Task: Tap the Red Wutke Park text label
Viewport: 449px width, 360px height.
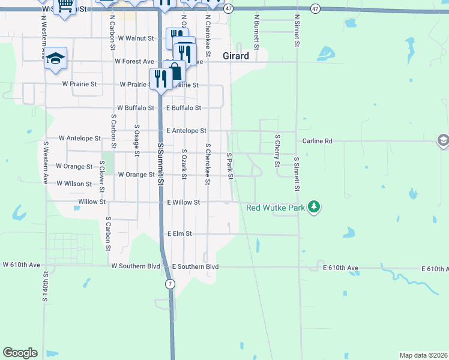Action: click(x=276, y=208)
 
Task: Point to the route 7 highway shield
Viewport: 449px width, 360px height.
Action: click(x=171, y=283)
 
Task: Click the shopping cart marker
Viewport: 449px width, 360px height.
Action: click(x=65, y=7)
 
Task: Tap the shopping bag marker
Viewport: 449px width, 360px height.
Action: click(x=175, y=73)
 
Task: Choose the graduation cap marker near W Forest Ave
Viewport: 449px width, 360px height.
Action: click(x=55, y=59)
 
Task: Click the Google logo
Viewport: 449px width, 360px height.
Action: click(x=20, y=353)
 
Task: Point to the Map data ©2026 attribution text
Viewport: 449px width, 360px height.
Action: click(x=423, y=355)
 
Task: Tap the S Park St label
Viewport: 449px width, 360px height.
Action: click(x=229, y=165)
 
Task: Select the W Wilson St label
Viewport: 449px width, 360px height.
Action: click(x=74, y=184)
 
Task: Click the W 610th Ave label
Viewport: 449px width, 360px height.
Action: click(x=21, y=264)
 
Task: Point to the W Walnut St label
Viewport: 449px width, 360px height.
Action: click(x=136, y=38)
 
